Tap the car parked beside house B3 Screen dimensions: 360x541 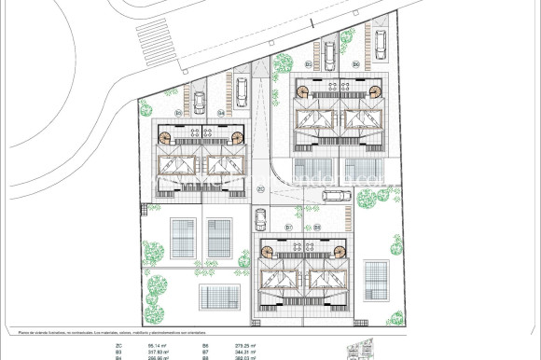click(197, 94)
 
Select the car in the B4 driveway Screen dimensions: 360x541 click(241, 90)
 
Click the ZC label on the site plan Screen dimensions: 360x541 click(261, 189)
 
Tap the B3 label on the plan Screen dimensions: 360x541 click(178, 112)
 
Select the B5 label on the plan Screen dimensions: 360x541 click(307, 63)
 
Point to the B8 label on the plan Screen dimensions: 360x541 click(318, 227)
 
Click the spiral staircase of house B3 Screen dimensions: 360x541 click(166, 137)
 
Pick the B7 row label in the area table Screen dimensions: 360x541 click(205, 351)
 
